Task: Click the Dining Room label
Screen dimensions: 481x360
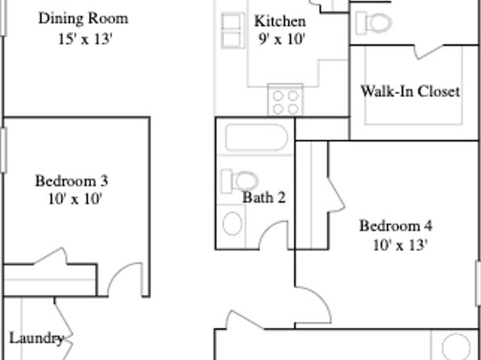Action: (x=83, y=19)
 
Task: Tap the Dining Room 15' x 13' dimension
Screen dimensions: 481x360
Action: (x=86, y=40)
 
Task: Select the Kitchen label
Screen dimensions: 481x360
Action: (x=280, y=22)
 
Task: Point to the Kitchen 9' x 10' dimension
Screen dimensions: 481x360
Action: (x=282, y=39)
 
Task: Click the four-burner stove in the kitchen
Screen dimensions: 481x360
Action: (x=285, y=100)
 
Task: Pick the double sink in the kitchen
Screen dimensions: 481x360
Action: (x=232, y=31)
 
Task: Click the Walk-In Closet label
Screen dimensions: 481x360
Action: (x=410, y=91)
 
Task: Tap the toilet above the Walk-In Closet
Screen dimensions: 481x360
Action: (x=374, y=23)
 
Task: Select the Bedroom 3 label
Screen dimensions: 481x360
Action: (x=72, y=181)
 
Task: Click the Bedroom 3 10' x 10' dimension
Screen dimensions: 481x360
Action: (x=75, y=199)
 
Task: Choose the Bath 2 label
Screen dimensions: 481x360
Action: (x=264, y=198)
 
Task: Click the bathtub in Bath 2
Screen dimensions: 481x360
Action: (x=257, y=137)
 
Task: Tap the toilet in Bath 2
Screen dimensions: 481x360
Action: (x=240, y=181)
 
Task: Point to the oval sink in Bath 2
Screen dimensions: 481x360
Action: (x=232, y=224)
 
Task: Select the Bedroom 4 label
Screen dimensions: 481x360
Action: (x=395, y=226)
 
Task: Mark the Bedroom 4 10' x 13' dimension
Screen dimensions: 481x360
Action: (x=400, y=245)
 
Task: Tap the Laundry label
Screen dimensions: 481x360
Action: (x=36, y=338)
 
